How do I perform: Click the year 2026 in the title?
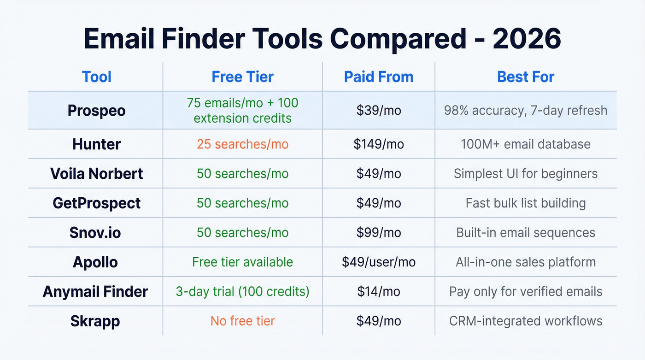click(527, 39)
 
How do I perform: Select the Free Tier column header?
click(242, 77)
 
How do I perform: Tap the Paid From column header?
click(379, 77)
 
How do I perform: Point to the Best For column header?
click(526, 77)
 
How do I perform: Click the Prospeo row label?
click(96, 111)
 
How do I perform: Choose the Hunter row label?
click(96, 144)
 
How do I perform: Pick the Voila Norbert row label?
click(96, 174)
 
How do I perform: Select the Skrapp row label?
click(95, 321)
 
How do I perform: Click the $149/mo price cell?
click(379, 144)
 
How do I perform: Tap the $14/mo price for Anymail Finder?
click(379, 291)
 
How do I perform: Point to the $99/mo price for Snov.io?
click(379, 233)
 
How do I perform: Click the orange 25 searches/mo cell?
click(242, 144)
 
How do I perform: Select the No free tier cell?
click(242, 321)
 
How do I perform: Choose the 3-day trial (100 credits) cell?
click(242, 291)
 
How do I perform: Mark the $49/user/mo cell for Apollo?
click(379, 262)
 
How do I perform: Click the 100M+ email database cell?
click(526, 144)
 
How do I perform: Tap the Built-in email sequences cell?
click(526, 233)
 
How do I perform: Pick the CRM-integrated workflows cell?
click(526, 321)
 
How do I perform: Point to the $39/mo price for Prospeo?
click(379, 111)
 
